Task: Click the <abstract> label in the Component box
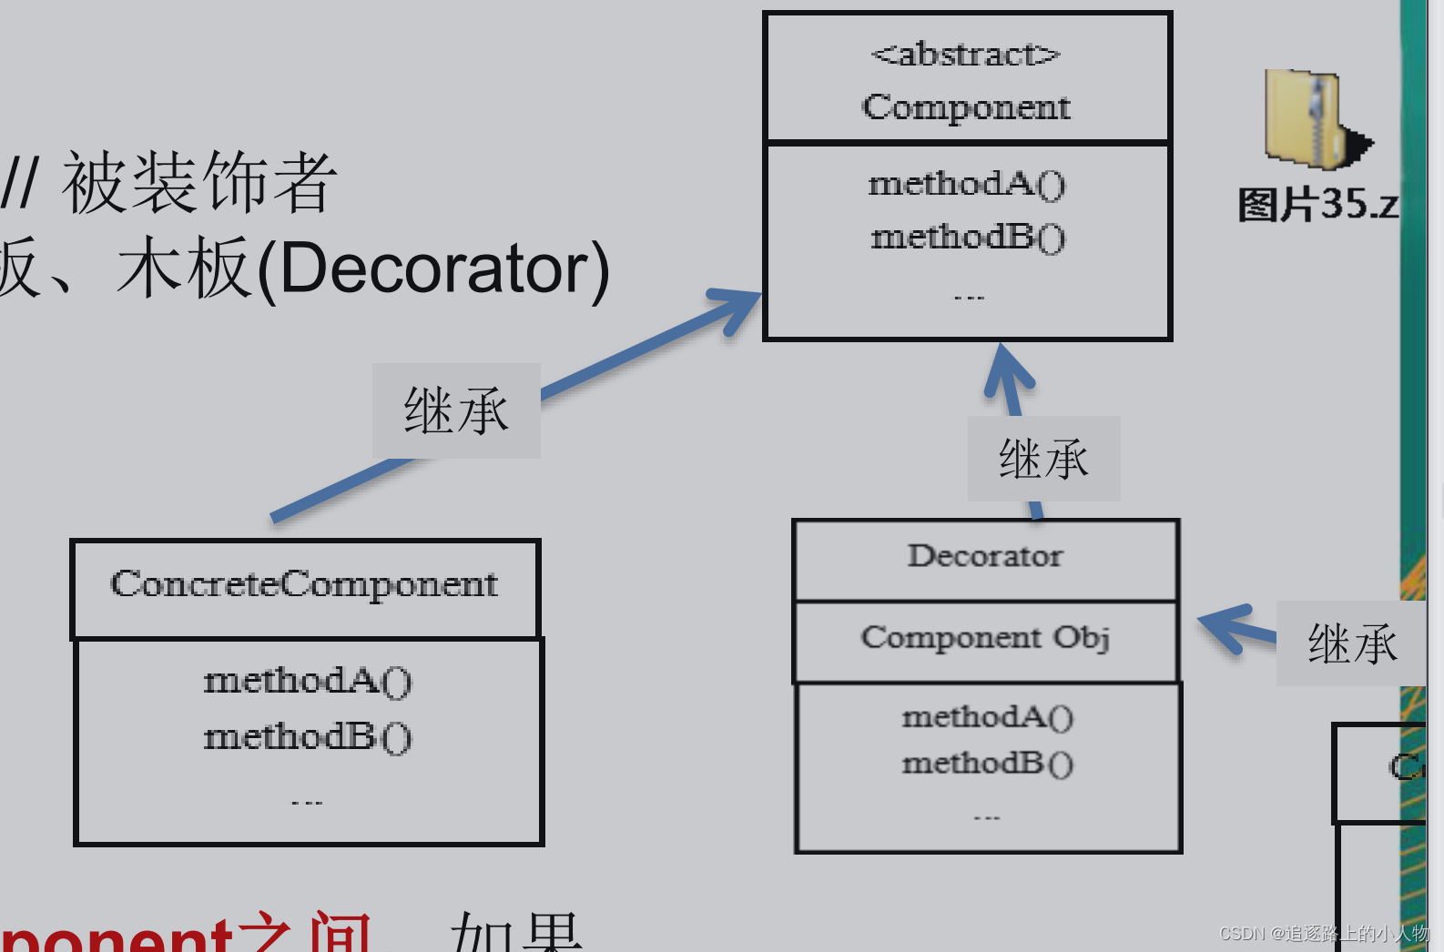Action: tap(965, 55)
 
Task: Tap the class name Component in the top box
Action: tap(966, 107)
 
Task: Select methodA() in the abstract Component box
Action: tap(966, 184)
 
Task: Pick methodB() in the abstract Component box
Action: tap(967, 237)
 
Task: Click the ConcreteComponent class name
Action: tap(304, 584)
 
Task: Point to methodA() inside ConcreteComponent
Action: tap(307, 681)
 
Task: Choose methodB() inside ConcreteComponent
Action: tap(307, 736)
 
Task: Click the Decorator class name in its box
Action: tap(984, 555)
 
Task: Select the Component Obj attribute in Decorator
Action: tap(984, 637)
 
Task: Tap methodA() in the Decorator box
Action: tap(987, 717)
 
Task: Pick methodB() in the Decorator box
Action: tap(987, 763)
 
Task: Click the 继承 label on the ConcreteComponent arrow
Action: tap(456, 410)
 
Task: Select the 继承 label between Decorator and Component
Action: tap(1043, 459)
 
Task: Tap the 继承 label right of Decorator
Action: tap(1352, 643)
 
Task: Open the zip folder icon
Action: tap(1312, 119)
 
